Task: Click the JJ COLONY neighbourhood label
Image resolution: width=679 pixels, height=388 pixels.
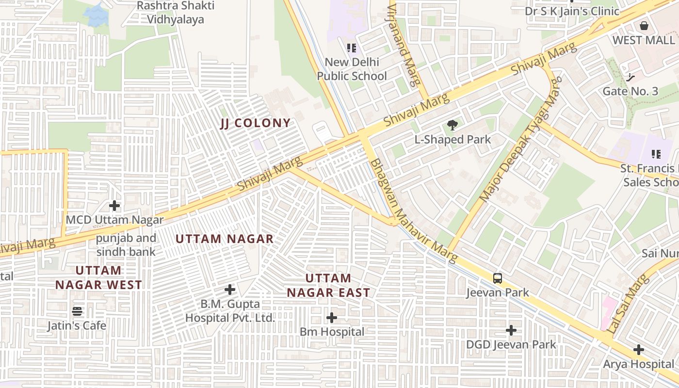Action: click(256, 123)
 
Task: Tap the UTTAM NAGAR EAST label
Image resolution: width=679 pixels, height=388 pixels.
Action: click(328, 285)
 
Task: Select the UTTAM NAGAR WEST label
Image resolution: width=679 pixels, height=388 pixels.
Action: click(98, 277)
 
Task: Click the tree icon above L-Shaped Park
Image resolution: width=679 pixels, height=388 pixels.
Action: click(453, 126)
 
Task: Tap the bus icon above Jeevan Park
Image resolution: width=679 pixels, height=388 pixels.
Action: click(498, 278)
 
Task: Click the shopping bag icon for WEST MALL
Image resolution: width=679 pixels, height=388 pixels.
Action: click(644, 26)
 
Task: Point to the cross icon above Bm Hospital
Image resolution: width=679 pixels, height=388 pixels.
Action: click(332, 318)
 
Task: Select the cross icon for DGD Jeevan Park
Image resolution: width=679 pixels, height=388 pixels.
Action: click(511, 331)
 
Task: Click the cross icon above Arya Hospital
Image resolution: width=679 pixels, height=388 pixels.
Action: click(639, 350)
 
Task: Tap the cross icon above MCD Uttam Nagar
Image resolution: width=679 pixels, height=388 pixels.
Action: click(114, 206)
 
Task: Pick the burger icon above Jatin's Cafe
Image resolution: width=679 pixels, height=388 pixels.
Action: click(77, 311)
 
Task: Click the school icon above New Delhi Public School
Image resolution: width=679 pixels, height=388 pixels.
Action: click(352, 48)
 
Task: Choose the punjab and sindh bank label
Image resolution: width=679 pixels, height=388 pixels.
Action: click(126, 245)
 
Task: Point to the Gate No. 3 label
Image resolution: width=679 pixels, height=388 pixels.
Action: click(630, 91)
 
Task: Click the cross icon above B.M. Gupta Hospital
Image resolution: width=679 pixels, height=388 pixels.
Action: click(230, 290)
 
